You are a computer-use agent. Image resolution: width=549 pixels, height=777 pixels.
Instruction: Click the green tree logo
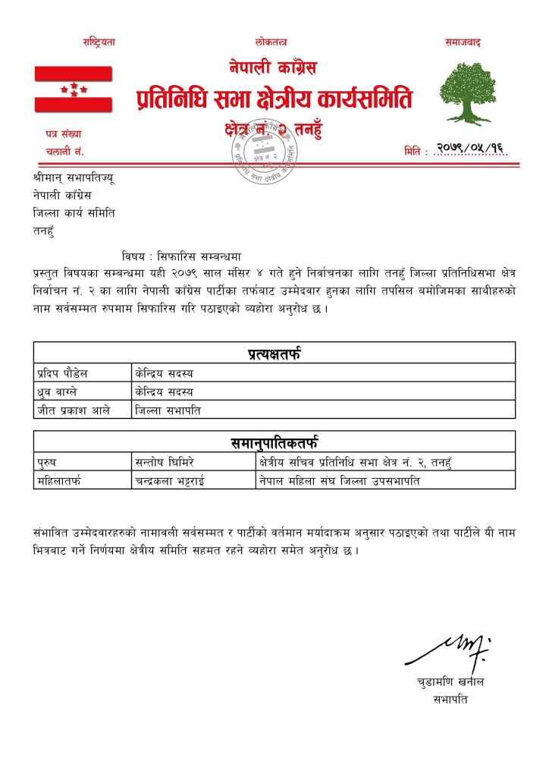[467, 93]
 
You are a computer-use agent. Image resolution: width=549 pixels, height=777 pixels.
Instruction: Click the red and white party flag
[73, 89]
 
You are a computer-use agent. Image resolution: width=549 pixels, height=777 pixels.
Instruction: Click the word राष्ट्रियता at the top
[99, 42]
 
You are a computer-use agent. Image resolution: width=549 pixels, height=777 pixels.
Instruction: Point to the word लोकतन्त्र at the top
[271, 42]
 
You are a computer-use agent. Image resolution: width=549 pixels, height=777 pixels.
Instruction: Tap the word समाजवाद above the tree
[463, 42]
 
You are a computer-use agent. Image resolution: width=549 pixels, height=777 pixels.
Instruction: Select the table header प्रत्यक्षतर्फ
[274, 353]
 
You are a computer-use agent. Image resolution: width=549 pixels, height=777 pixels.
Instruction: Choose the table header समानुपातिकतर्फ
[274, 442]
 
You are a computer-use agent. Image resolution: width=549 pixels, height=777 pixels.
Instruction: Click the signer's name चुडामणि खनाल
[450, 682]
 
